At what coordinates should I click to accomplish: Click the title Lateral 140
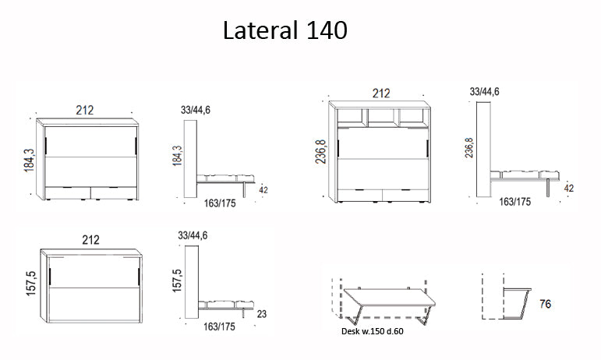pos(285,30)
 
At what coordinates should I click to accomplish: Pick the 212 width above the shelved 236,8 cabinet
pos(380,94)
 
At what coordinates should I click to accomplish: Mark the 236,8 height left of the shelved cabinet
pos(320,155)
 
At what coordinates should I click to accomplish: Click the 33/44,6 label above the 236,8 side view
pos(484,92)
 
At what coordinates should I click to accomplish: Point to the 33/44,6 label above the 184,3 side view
pos(194,109)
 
